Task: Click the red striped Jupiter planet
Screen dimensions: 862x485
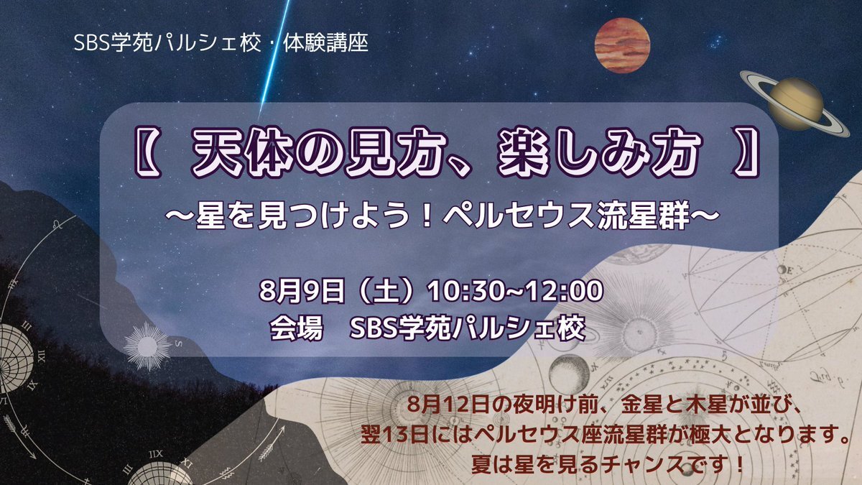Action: pyautogui.click(x=622, y=45)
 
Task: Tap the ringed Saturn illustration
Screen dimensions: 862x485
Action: pyautogui.click(x=794, y=103)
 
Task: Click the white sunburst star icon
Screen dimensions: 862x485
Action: pyautogui.click(x=147, y=346)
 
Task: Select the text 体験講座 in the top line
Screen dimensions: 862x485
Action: pyautogui.click(x=325, y=43)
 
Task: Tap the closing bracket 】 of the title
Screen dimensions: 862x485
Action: pyautogui.click(x=746, y=154)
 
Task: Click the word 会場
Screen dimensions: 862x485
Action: pyautogui.click(x=295, y=328)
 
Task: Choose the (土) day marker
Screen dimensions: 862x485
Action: pyautogui.click(x=386, y=291)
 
